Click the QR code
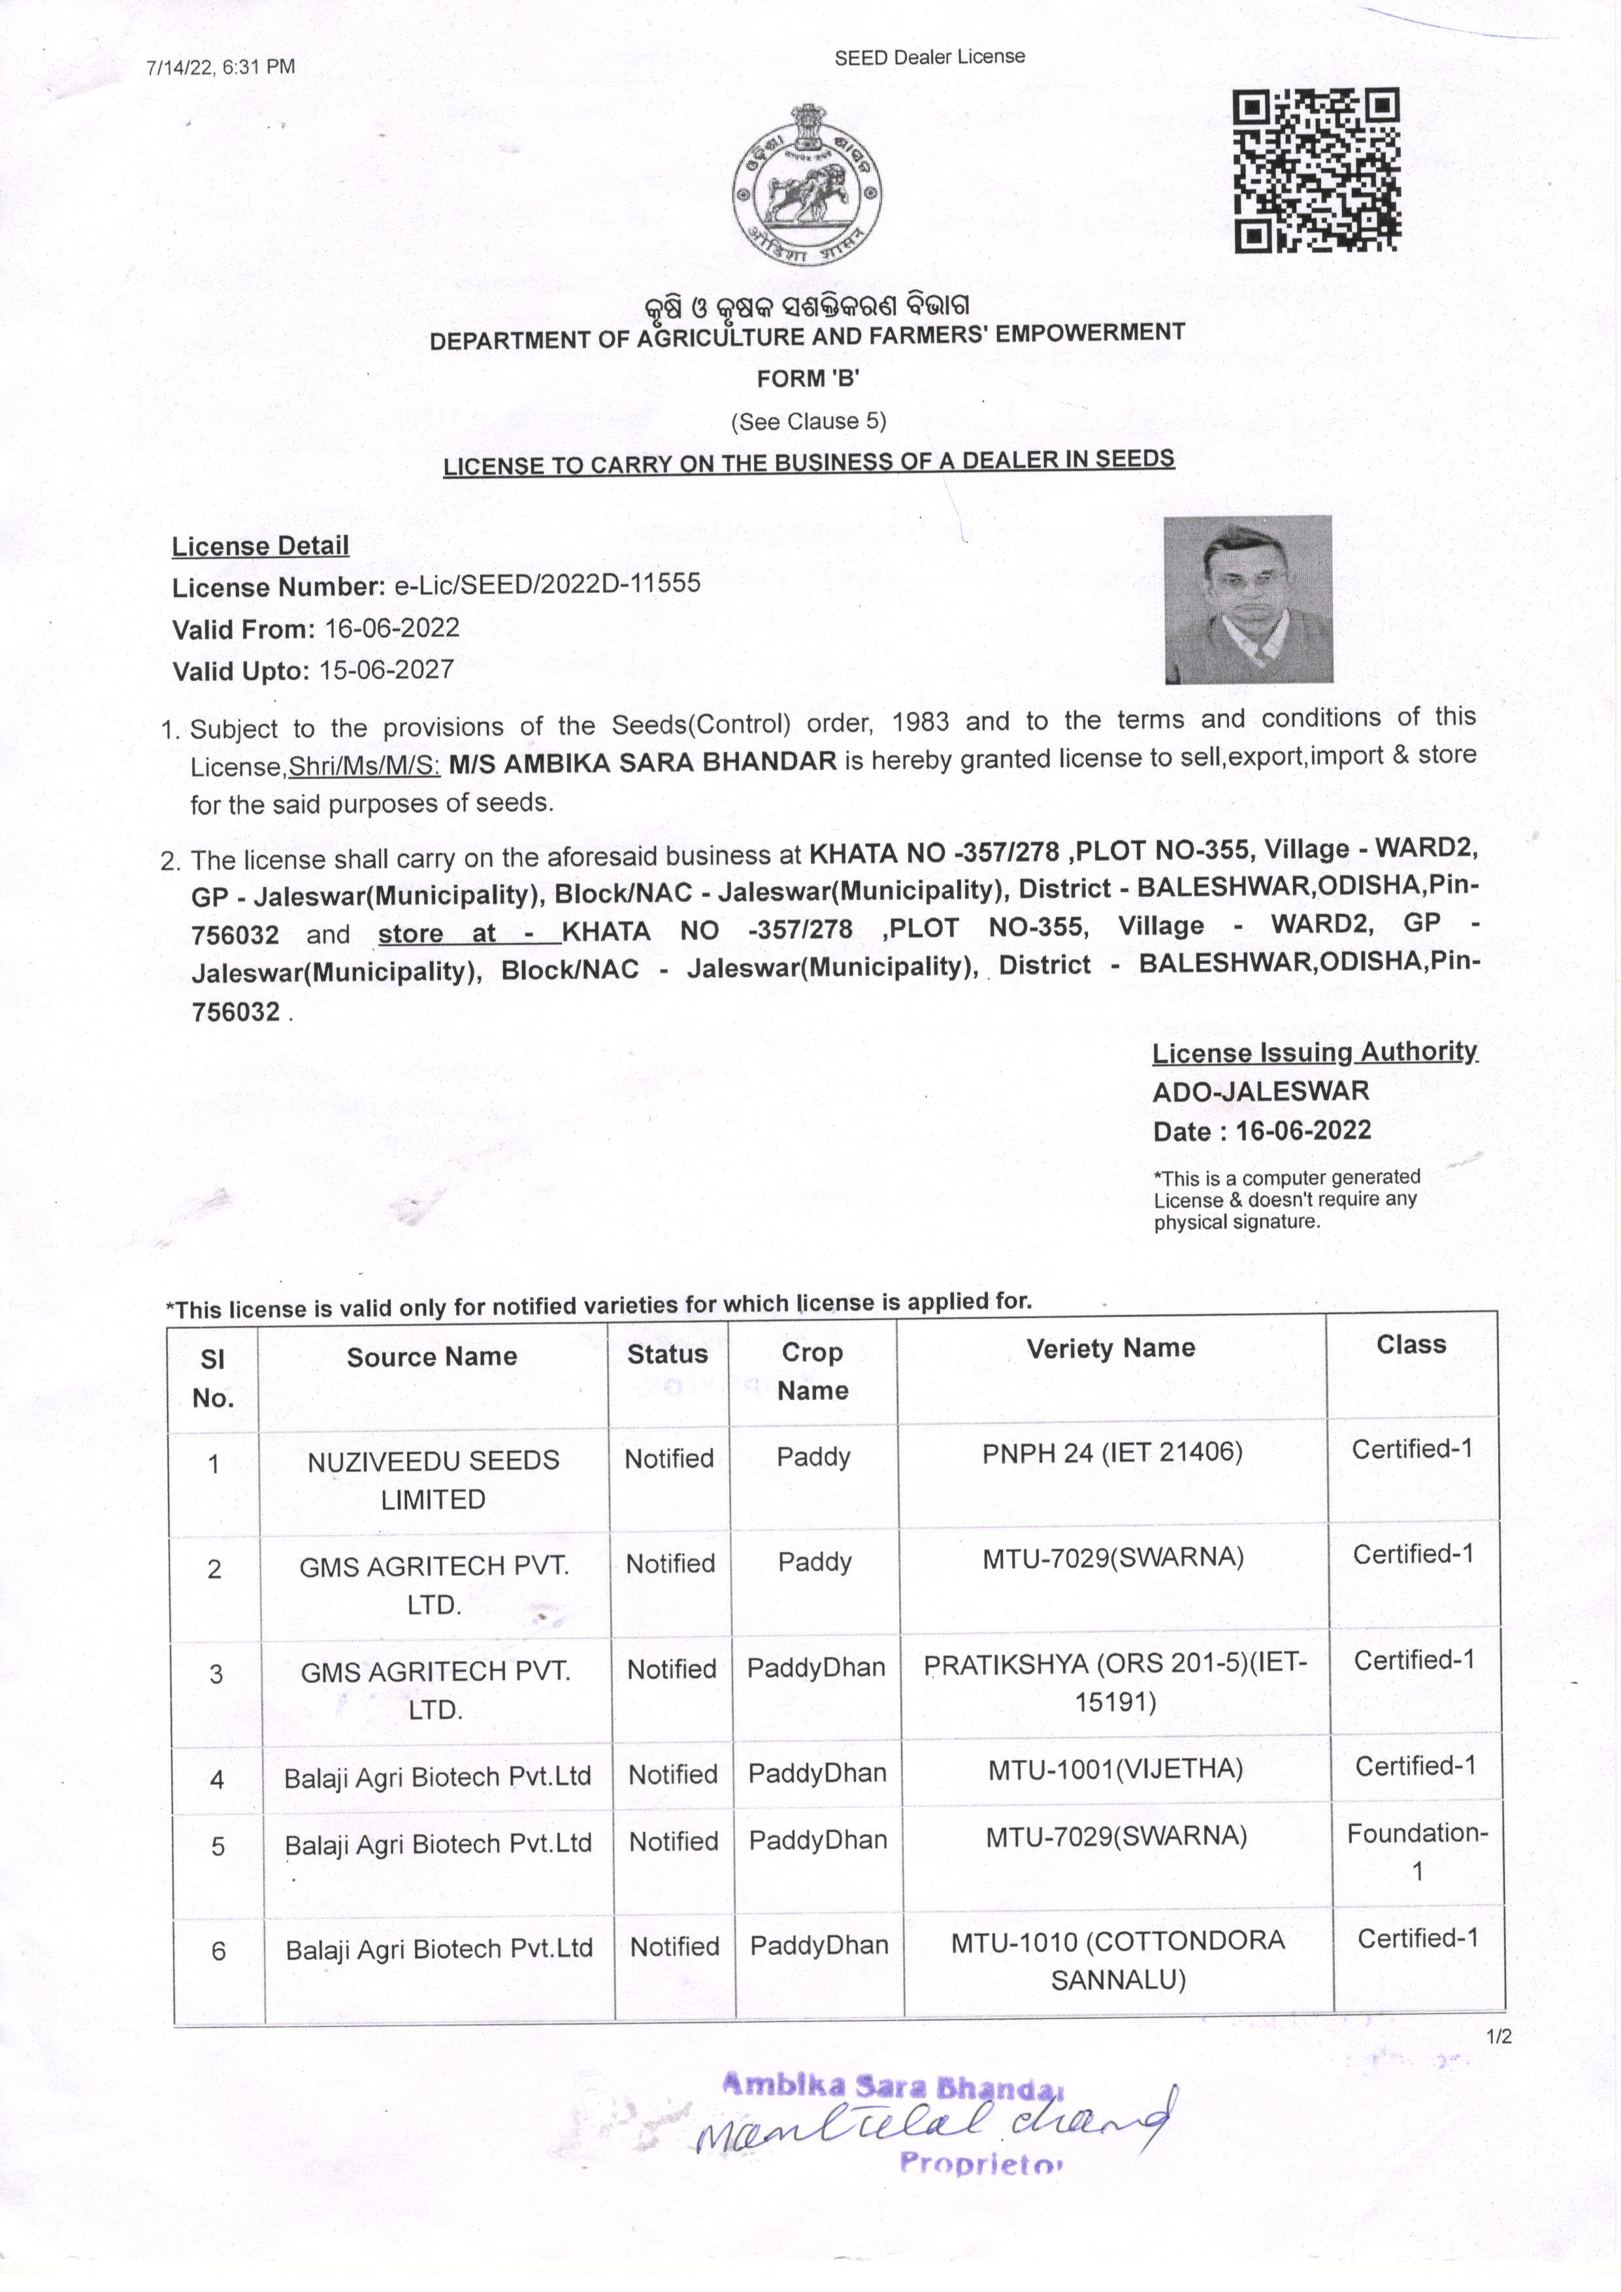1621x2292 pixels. [x=1317, y=171]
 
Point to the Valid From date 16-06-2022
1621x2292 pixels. [x=391, y=628]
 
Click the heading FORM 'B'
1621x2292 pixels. [x=808, y=378]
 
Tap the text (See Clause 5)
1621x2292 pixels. [x=808, y=422]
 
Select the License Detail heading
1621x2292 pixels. [x=261, y=546]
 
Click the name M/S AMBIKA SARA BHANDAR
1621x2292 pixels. [x=643, y=761]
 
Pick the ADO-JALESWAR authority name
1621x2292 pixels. [x=1260, y=1091]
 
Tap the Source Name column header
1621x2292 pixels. [x=432, y=1357]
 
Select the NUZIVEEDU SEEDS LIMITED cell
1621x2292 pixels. [x=433, y=1480]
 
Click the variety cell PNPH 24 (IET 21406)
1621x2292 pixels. [x=1112, y=1452]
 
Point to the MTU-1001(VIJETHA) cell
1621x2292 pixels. [x=1115, y=1770]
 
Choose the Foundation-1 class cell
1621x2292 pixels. [x=1416, y=1852]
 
